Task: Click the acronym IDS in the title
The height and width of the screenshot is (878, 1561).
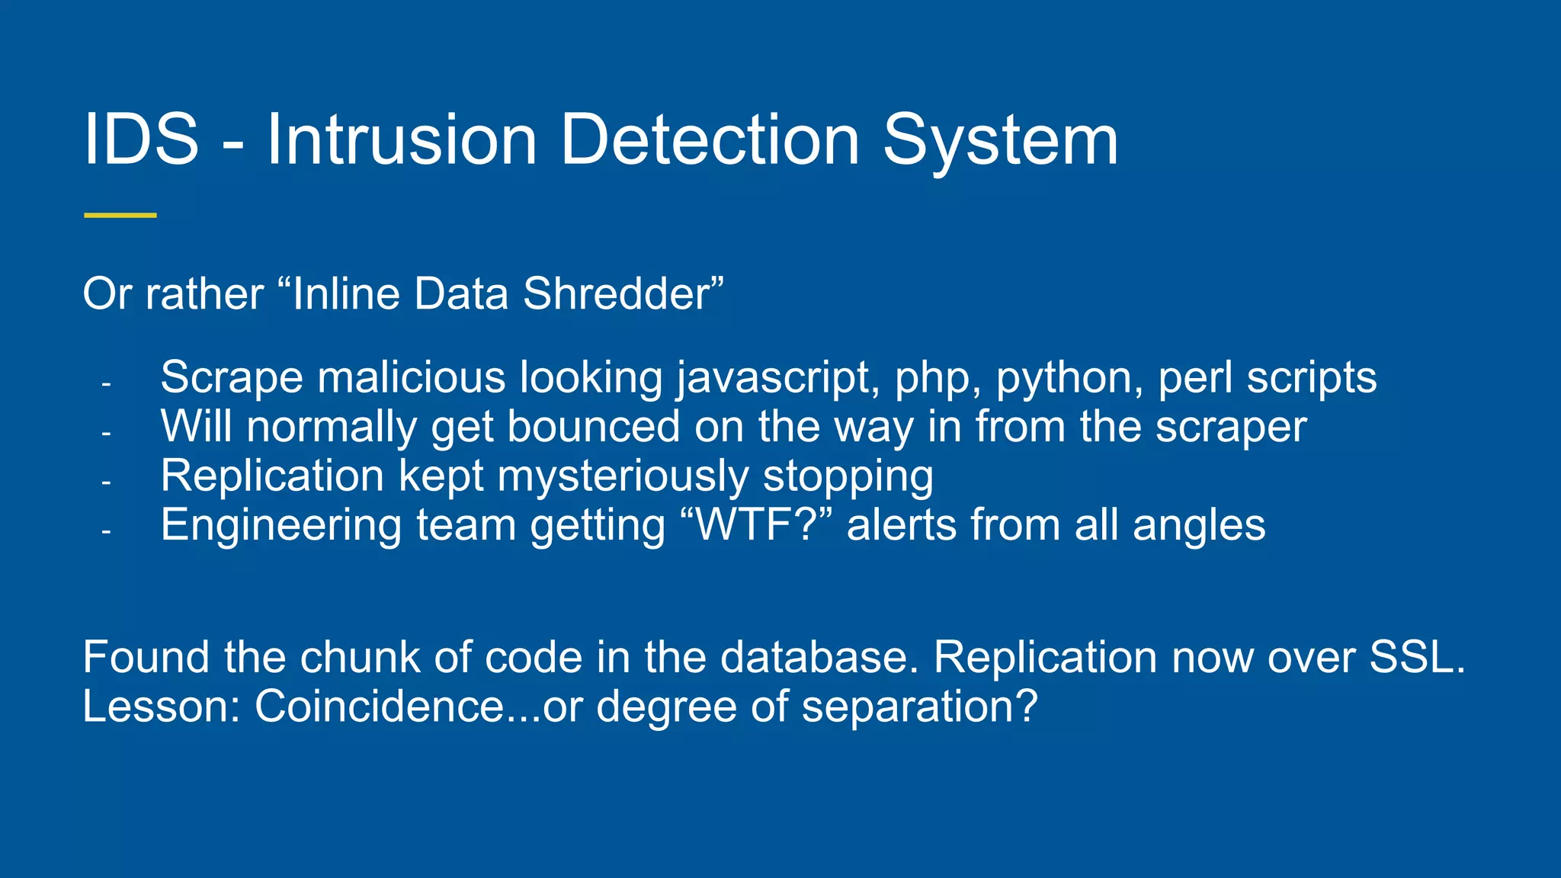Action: coord(141,139)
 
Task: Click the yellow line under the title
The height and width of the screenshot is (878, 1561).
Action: coord(120,216)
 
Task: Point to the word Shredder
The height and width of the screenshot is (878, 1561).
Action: coord(616,294)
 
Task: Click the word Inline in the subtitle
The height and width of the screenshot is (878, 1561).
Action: coord(347,294)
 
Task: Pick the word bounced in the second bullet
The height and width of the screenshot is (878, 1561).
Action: coord(593,427)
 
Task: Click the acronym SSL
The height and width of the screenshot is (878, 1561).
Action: coord(1416,657)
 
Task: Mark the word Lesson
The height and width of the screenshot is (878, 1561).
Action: coord(161,707)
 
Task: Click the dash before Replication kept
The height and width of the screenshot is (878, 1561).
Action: coord(106,482)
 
